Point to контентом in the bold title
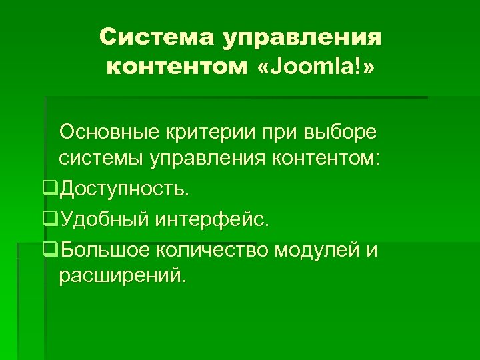pyautogui.click(x=177, y=67)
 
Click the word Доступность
pyautogui.click(x=124, y=189)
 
